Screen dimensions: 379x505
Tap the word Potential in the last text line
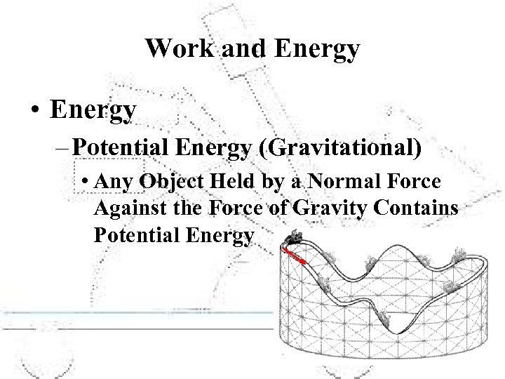[137, 236]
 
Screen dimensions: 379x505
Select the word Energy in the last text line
[220, 237]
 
